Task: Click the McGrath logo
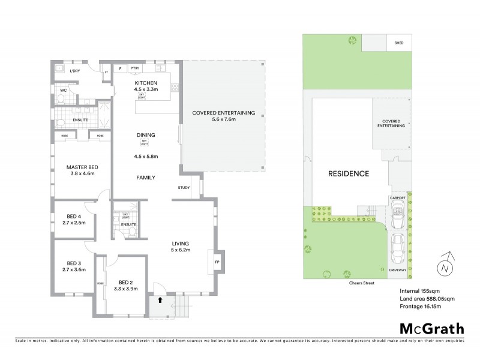point(431,328)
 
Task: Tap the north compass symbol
point(445,268)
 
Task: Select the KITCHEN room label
point(146,82)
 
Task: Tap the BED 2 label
point(125,282)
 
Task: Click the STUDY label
point(184,188)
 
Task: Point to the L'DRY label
point(75,72)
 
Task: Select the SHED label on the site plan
point(398,43)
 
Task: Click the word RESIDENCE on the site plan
point(348,174)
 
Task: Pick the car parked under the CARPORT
point(397,215)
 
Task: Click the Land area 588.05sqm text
point(428,298)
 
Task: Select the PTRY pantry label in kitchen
point(134,69)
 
